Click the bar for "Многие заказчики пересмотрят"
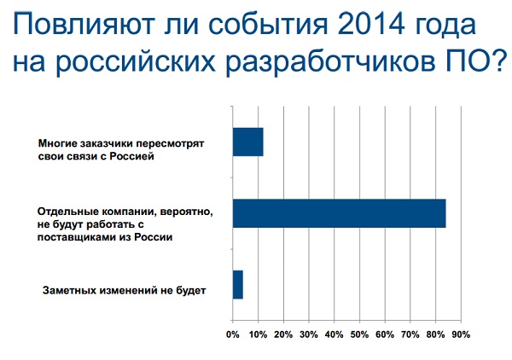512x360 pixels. tap(248, 142)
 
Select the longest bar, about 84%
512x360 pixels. tap(340, 213)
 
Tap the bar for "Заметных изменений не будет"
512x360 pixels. tap(238, 284)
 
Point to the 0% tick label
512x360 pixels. tap(232, 334)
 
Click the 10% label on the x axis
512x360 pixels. tap(258, 334)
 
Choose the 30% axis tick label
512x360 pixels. tap(309, 334)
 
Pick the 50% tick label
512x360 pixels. tap(359, 334)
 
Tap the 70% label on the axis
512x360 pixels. tap(410, 334)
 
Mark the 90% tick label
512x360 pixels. tap(461, 334)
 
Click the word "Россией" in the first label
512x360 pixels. tap(131, 156)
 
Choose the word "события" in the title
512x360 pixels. tap(268, 25)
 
